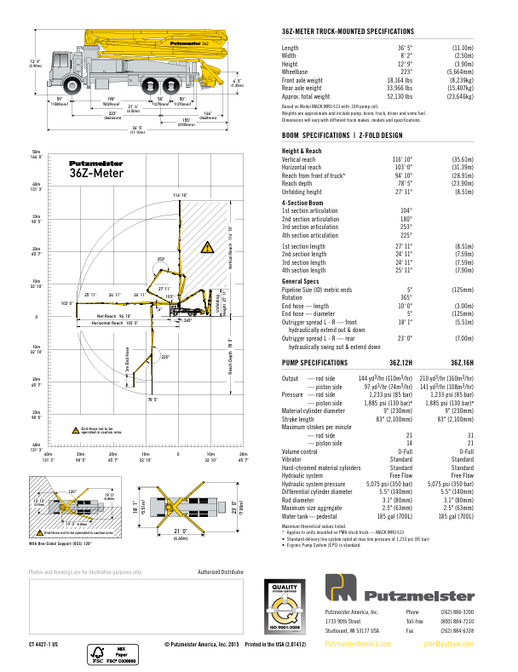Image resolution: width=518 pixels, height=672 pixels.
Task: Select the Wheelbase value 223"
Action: tap(405, 72)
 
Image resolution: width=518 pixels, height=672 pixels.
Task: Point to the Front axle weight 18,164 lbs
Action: tap(398, 79)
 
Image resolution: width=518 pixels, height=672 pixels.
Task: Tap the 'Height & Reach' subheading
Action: tap(301, 151)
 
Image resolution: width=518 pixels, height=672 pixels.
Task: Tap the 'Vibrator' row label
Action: tap(292, 460)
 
